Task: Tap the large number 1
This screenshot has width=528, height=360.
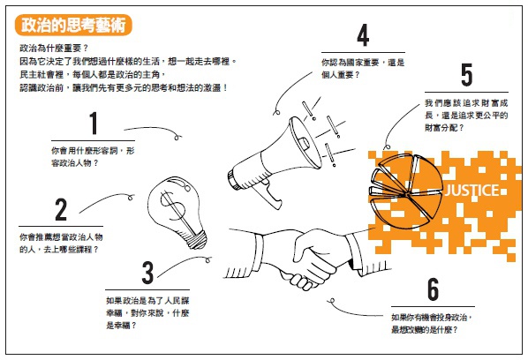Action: tap(94, 124)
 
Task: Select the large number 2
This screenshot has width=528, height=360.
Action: tap(61, 209)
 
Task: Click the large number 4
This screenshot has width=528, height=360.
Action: tap(362, 36)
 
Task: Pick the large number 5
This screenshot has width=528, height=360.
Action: tap(466, 76)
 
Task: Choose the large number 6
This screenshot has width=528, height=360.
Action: tap(433, 289)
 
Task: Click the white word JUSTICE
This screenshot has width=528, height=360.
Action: tap(474, 191)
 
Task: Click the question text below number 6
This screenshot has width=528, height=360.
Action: tap(430, 323)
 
